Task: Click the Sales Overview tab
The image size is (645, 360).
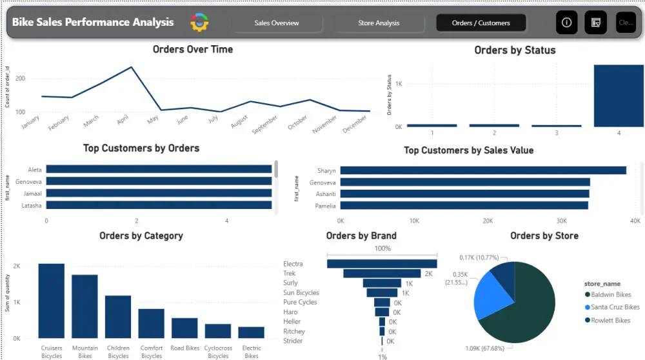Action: [277, 23]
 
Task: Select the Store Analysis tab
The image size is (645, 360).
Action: [379, 23]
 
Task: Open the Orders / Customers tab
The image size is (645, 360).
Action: [481, 23]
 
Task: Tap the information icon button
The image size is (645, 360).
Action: [566, 23]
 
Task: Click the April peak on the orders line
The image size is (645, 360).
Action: [132, 67]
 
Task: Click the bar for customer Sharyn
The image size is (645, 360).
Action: [483, 170]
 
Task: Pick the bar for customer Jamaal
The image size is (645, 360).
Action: [159, 193]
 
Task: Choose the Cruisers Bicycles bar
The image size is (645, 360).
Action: [52, 301]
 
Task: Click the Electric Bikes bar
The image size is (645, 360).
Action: [252, 332]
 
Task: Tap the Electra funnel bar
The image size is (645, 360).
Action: [382, 263]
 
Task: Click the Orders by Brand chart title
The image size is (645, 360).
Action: [361, 235]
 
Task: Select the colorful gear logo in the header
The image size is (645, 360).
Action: [199, 23]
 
